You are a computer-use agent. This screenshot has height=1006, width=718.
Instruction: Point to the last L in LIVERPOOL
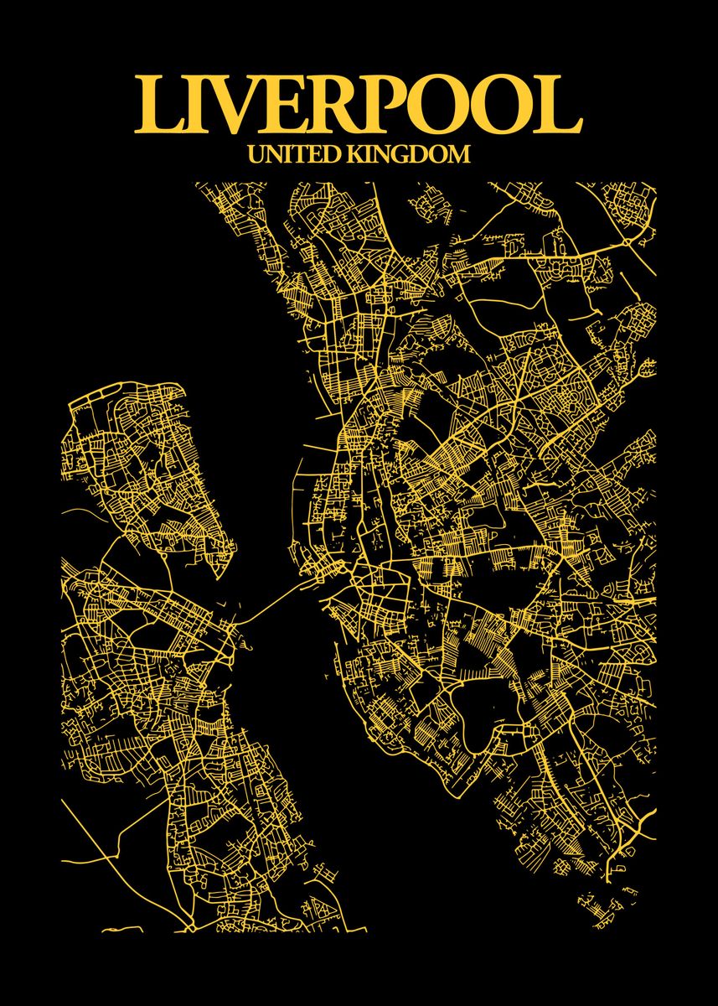(559, 106)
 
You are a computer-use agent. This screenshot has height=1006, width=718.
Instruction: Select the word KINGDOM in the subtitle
(408, 154)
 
